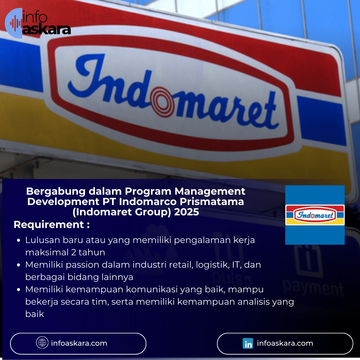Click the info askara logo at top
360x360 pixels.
38,23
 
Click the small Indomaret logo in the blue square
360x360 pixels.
315,215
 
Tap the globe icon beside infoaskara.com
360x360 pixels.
42,343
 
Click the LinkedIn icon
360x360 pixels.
248,343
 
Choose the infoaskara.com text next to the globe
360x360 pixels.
79,343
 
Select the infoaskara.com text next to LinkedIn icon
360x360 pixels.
285,343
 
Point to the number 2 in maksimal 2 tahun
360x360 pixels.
74,252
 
